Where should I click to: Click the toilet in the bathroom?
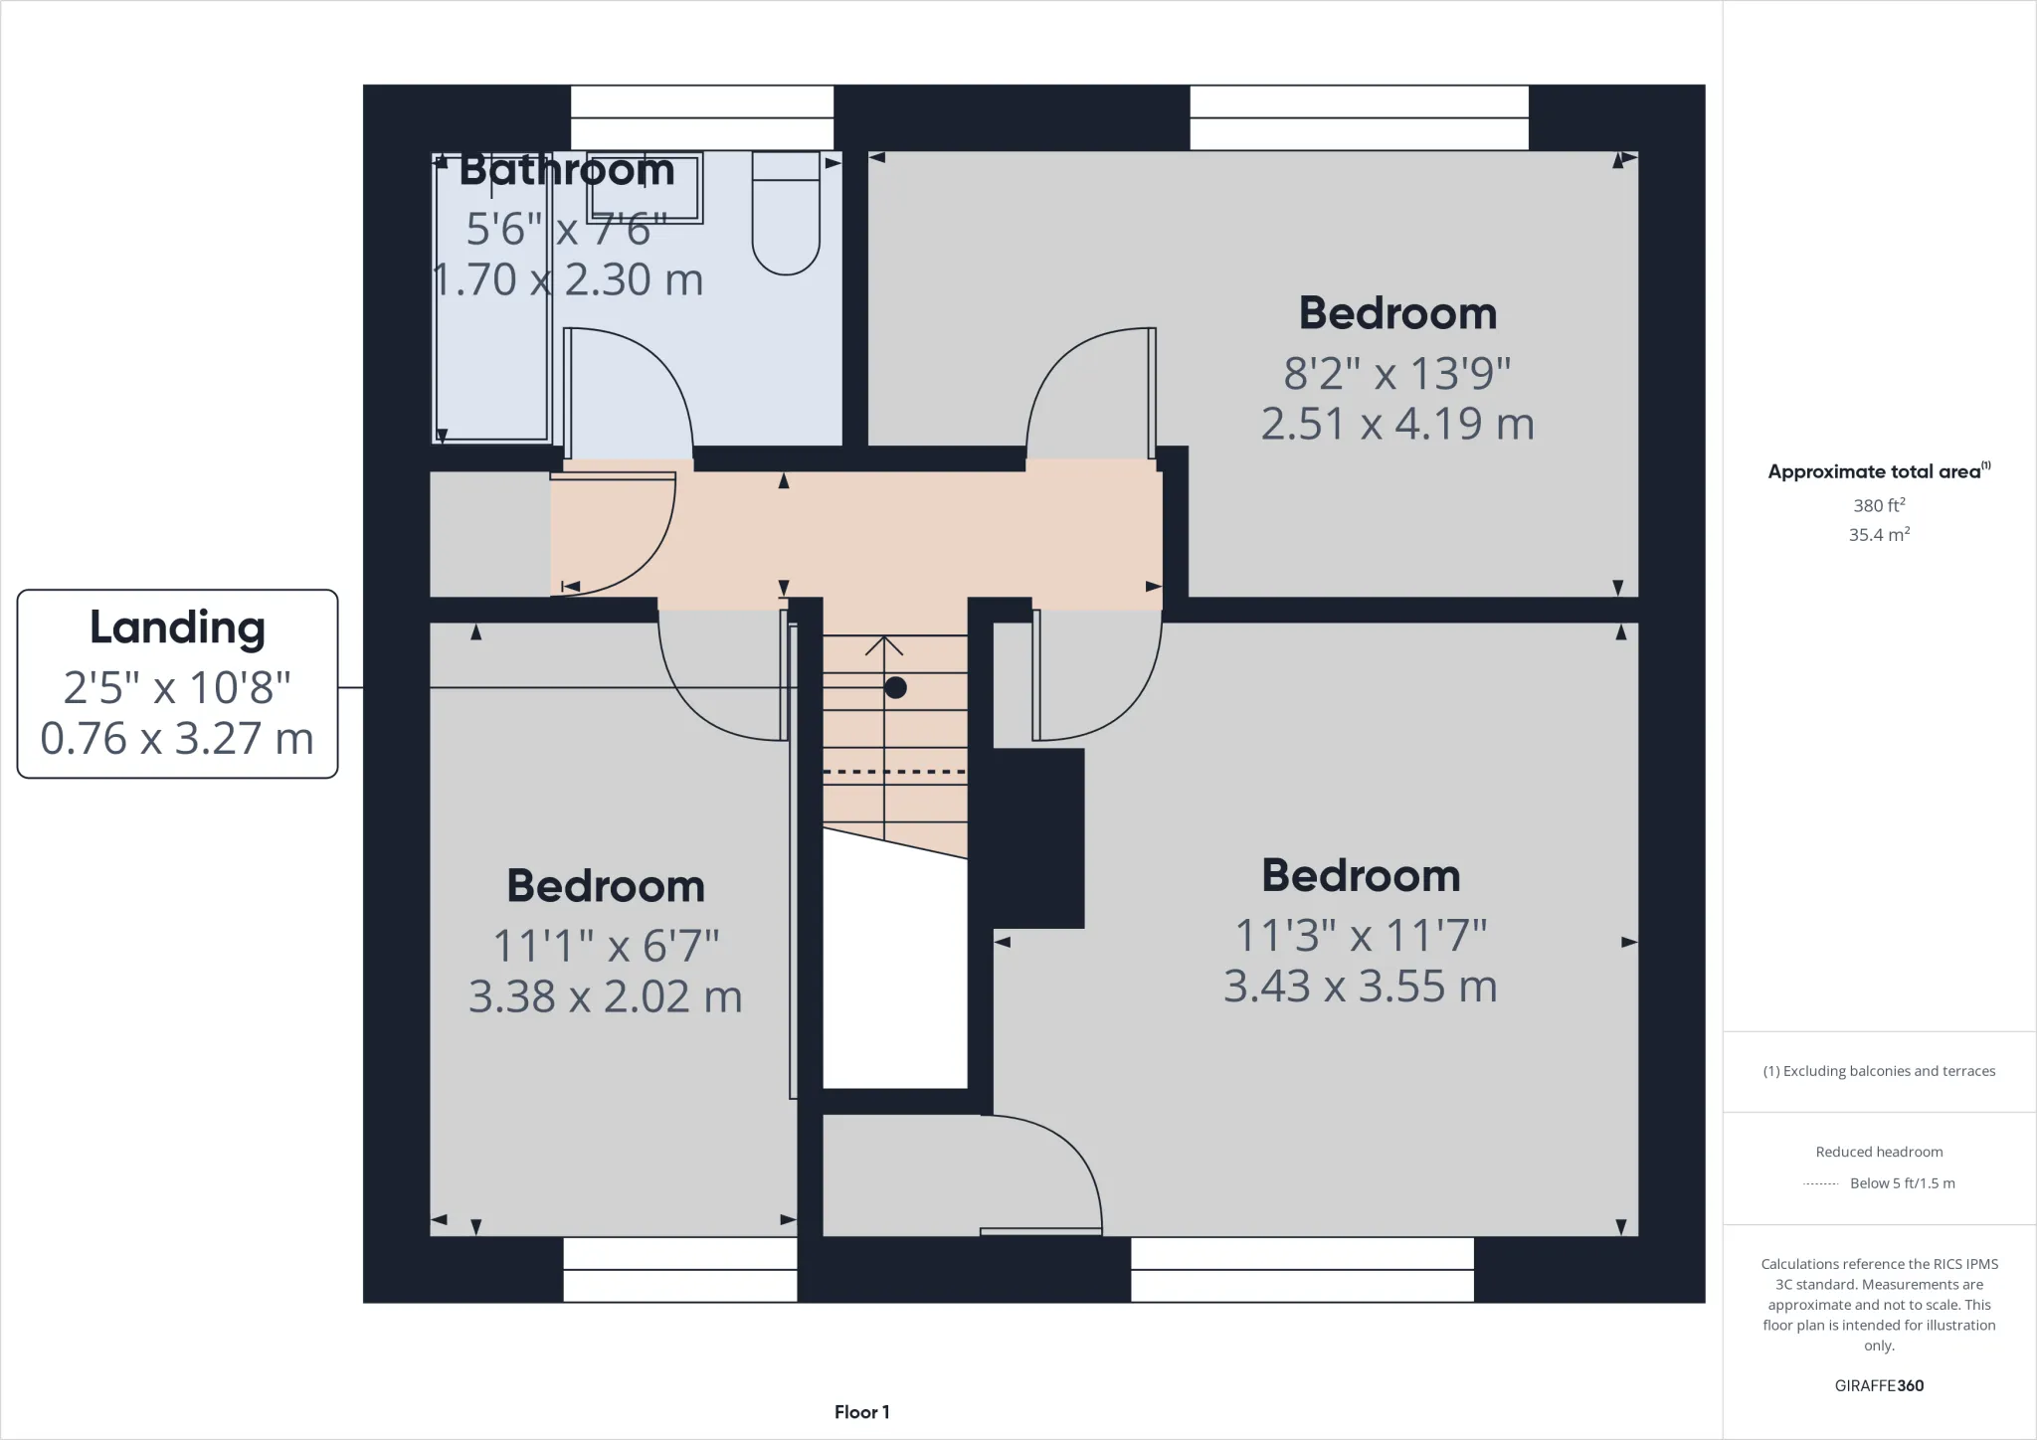[786, 214]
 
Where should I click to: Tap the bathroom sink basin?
[646, 188]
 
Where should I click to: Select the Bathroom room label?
[567, 170]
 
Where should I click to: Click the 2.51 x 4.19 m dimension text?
[1397, 425]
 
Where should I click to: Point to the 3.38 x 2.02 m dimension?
[605, 996]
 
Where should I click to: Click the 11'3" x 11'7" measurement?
[1361, 936]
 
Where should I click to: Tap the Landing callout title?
[177, 628]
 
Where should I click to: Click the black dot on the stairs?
[895, 687]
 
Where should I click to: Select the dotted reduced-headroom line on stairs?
[894, 772]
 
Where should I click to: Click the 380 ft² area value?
[1879, 505]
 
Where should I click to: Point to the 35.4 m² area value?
[1879, 535]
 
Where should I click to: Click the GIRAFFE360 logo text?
[1879, 1385]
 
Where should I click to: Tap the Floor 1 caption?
[861, 1412]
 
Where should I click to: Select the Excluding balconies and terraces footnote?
[1879, 1071]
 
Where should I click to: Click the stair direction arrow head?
[884, 646]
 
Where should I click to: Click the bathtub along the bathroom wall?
[491, 298]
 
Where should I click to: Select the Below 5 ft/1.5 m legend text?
[1901, 1183]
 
